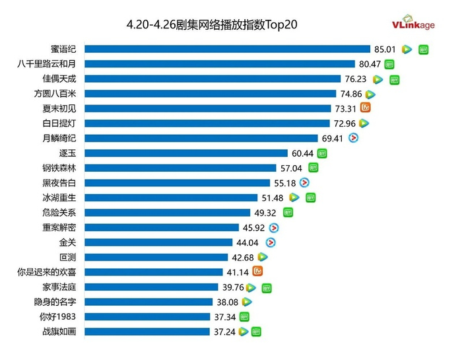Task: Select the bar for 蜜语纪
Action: [x=227, y=49]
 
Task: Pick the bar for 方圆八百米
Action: [x=211, y=94]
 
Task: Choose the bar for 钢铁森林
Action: [x=180, y=168]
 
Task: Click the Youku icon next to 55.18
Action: [x=304, y=182]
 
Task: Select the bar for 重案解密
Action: [x=162, y=227]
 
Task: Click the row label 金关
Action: [x=67, y=242]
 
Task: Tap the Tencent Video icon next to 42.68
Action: [x=262, y=257]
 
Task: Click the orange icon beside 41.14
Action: [x=259, y=271]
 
